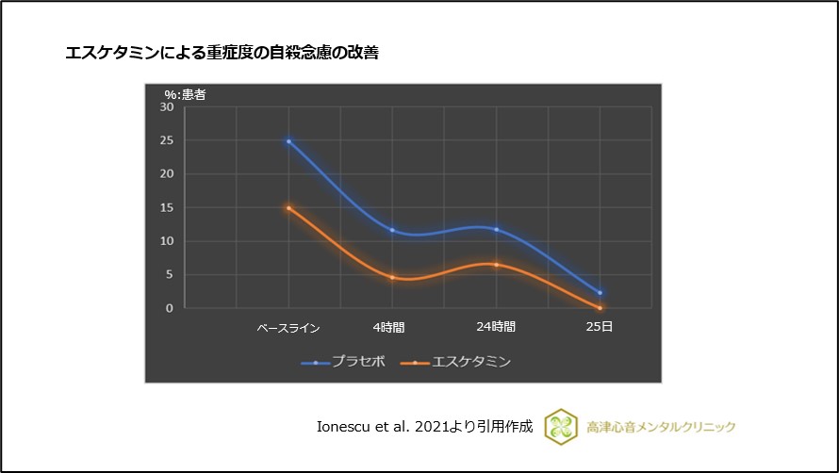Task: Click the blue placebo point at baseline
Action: (x=288, y=141)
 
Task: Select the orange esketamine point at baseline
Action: (x=288, y=208)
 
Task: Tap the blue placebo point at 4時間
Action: (x=392, y=230)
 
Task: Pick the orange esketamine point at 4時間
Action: (x=392, y=277)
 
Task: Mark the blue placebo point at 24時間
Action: (x=496, y=229)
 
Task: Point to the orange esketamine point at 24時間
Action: (x=496, y=265)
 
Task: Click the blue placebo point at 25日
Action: (x=600, y=293)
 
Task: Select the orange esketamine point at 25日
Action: (x=600, y=308)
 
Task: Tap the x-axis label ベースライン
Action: (x=288, y=329)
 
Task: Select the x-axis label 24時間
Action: (x=496, y=328)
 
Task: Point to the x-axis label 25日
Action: (x=600, y=328)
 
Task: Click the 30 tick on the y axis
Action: (x=166, y=107)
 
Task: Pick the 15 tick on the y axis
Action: (x=166, y=208)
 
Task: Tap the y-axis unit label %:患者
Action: (x=185, y=94)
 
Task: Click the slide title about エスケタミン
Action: (x=222, y=54)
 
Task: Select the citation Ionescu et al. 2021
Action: (x=425, y=426)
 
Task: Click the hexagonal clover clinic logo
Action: (x=561, y=426)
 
